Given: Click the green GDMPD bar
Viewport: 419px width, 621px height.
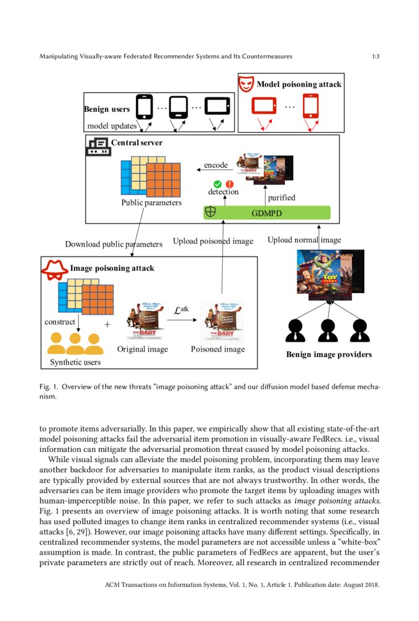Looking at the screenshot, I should tap(267, 212).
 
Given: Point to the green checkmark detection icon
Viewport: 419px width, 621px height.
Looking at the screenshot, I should tap(217, 184).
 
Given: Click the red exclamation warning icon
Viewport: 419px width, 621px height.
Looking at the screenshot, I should tap(229, 184).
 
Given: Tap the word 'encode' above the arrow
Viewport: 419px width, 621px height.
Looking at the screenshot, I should tap(216, 165).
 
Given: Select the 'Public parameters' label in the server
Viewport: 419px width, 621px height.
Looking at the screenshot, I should tap(151, 202).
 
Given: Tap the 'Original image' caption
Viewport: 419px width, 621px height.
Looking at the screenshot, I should tap(142, 349).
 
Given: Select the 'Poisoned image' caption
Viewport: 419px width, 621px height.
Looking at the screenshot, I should tap(217, 349).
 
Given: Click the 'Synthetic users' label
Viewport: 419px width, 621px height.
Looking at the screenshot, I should tap(74, 362).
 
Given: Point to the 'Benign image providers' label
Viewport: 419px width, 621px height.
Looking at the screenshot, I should tap(328, 355).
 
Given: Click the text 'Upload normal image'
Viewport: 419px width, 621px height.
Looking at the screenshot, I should tap(304, 240).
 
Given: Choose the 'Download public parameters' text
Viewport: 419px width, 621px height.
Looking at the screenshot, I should tap(114, 244).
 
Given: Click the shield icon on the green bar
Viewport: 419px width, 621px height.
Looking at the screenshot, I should tap(210, 212).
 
